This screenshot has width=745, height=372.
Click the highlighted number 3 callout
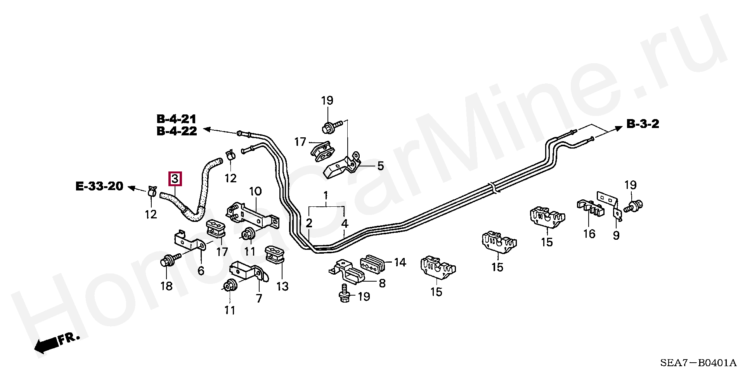coord(175,179)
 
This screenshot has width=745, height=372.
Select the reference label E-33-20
coord(99,187)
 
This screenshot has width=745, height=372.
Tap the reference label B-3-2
coord(643,124)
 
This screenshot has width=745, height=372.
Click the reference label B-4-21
coord(177,119)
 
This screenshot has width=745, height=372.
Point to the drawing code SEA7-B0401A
coord(698,363)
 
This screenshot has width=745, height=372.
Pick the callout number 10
coord(255,191)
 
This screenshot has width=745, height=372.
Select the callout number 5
coord(380,166)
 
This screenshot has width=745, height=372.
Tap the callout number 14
coord(400,263)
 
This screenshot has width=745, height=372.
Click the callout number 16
coord(589,234)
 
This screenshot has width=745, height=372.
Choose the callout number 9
coord(616,235)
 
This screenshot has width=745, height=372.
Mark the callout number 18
coord(166,286)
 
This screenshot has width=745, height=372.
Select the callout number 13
coord(282,286)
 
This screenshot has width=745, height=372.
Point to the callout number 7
coord(259,298)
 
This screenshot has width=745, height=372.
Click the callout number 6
coord(201,270)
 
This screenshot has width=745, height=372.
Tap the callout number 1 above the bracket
coord(326,194)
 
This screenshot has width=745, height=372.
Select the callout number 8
coord(382,283)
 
